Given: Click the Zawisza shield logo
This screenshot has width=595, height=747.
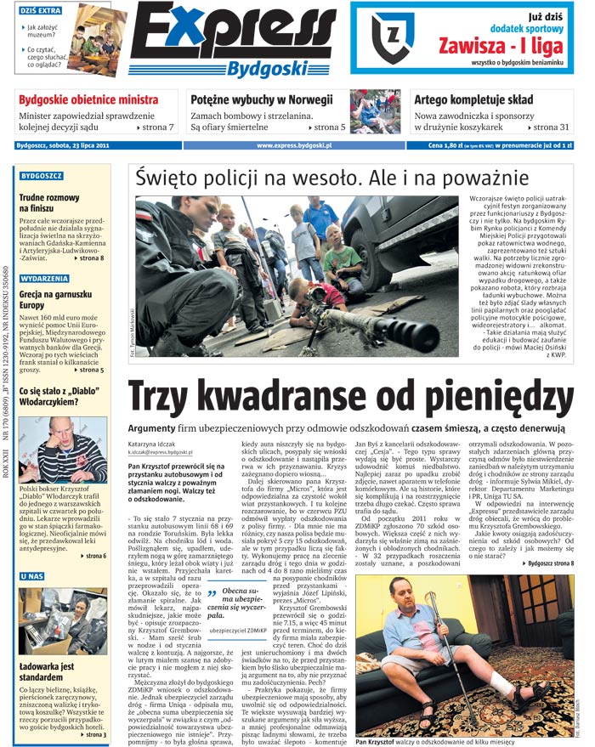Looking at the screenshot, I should (392, 37).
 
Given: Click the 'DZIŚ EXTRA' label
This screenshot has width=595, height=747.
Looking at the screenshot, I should (40, 10).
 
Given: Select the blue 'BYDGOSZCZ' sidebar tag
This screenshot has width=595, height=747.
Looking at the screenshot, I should (42, 176).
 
